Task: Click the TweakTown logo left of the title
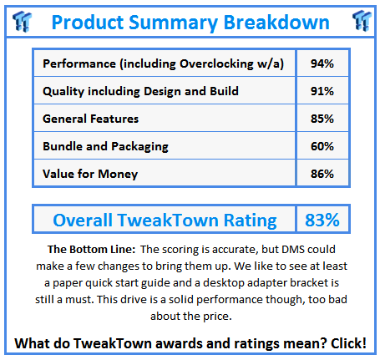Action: [x=23, y=22]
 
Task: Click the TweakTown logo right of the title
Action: [x=362, y=21]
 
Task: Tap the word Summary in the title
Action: [x=173, y=23]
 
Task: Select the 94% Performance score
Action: [x=322, y=63]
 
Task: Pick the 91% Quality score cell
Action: [x=322, y=91]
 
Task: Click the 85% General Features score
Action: [x=322, y=119]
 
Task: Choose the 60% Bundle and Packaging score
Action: [x=322, y=146]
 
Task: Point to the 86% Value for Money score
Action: [x=322, y=174]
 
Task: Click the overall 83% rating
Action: [x=322, y=220]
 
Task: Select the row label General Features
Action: [x=90, y=119]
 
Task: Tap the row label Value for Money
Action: [x=90, y=174]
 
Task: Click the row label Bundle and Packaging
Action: [x=105, y=147]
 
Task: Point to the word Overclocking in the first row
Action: [x=216, y=64]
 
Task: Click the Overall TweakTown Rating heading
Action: [x=165, y=221]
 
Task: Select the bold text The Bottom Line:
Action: [x=91, y=249]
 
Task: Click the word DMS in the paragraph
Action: [x=293, y=249]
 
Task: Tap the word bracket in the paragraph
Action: [x=309, y=282]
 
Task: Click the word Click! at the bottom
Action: [x=348, y=343]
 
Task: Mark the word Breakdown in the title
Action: [x=276, y=22]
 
